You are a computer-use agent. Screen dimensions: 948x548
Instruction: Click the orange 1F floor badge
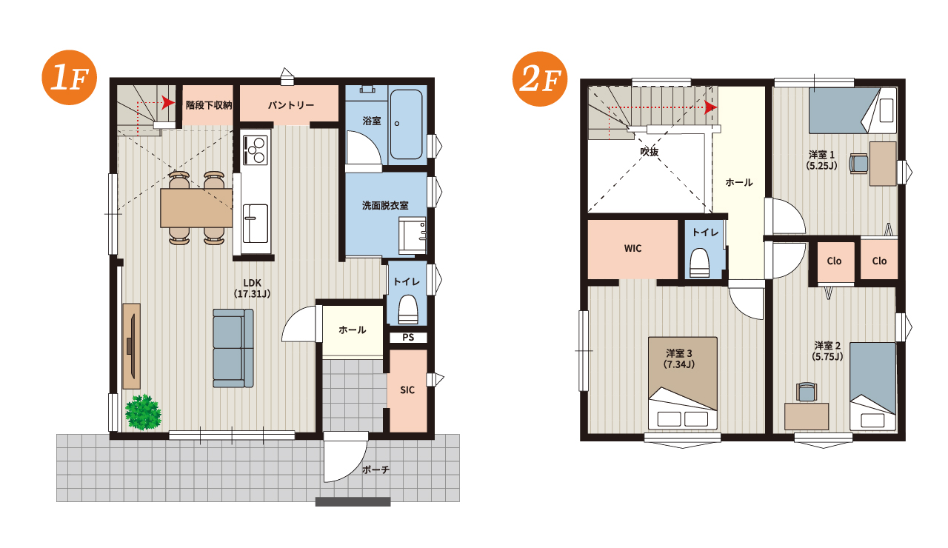click(70, 78)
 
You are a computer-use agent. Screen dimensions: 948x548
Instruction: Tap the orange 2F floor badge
click(540, 79)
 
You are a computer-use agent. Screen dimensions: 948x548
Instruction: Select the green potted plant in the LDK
click(143, 412)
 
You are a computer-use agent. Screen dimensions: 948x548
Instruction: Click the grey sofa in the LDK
click(233, 348)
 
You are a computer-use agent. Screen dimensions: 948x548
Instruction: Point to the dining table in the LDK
click(196, 208)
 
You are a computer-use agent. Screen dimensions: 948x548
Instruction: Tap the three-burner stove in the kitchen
click(256, 150)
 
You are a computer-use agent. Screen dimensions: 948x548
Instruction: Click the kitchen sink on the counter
click(256, 224)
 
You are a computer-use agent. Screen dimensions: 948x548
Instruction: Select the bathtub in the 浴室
click(406, 124)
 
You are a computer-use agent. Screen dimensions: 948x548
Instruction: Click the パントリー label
click(291, 105)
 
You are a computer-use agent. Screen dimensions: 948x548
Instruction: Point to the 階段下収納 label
click(209, 105)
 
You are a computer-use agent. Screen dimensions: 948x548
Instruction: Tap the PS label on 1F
click(408, 337)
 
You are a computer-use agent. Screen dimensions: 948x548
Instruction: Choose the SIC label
click(407, 390)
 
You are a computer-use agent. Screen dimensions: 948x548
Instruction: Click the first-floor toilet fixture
click(408, 310)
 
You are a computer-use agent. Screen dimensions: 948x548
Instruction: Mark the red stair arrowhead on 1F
click(168, 103)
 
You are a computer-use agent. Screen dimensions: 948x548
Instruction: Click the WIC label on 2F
click(632, 248)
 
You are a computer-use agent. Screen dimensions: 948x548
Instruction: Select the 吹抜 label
click(650, 152)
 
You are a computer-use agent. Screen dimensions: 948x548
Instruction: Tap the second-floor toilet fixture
click(699, 263)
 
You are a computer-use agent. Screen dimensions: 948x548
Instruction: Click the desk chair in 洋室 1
click(859, 164)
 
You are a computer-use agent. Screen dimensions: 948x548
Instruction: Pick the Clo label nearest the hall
click(834, 261)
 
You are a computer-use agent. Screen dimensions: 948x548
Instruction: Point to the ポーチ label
click(375, 470)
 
